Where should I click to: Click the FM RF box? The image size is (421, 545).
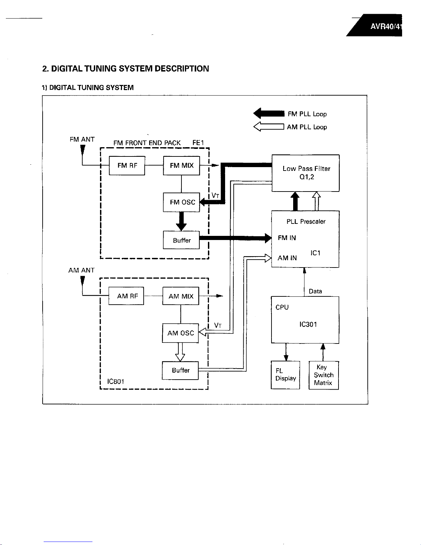[127, 165]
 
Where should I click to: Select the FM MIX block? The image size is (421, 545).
[181, 165]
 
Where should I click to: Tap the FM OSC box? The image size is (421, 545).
[181, 202]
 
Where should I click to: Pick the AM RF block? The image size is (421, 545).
[126, 296]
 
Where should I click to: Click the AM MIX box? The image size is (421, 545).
[181, 296]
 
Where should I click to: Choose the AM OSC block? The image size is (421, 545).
[180, 333]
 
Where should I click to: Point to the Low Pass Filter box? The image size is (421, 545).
[306, 173]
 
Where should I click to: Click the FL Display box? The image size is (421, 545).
[286, 375]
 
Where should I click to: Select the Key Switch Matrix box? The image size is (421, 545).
[324, 375]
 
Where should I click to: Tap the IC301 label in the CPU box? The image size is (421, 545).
[308, 324]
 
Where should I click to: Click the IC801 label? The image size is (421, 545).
[115, 381]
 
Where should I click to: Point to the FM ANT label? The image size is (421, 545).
[82, 139]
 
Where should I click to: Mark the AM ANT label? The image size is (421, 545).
[81, 270]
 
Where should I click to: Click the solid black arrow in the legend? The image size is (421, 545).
[269, 113]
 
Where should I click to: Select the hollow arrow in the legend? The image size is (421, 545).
[269, 127]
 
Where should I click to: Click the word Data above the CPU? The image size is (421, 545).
[315, 291]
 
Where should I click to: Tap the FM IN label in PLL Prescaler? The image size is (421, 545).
[287, 238]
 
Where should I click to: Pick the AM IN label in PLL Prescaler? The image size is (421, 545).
[287, 258]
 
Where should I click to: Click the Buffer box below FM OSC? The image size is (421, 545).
[181, 240]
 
